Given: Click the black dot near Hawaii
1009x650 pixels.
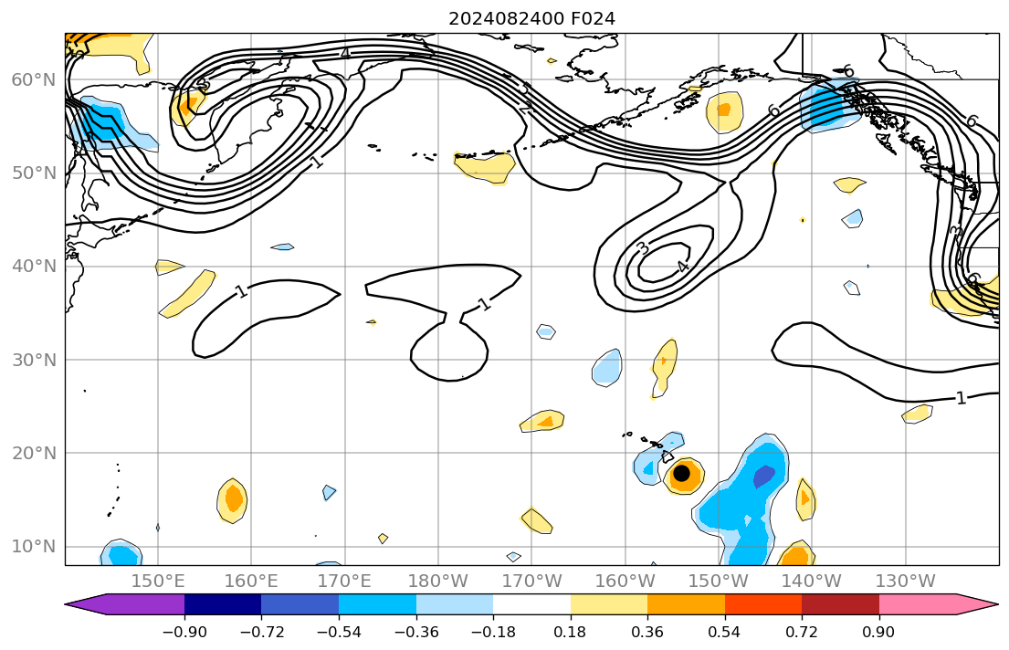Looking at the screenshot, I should pyautogui.click(x=681, y=473).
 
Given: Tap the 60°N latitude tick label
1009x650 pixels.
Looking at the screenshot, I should pyautogui.click(x=33, y=80).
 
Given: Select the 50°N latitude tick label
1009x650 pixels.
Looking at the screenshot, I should pyautogui.click(x=33, y=173).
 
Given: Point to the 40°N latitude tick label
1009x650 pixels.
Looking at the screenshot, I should pyautogui.click(x=33, y=267).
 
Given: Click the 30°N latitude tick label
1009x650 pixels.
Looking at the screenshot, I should pyautogui.click(x=33, y=360).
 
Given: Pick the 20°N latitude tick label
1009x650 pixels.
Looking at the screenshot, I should pyautogui.click(x=33, y=453).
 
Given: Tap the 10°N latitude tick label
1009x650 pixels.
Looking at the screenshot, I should pyautogui.click(x=33, y=547).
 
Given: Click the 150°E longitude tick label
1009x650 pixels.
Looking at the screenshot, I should pyautogui.click(x=158, y=581).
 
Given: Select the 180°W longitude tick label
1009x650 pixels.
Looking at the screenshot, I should pyautogui.click(x=438, y=581).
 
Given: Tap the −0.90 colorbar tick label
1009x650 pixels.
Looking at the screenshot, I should pyautogui.click(x=184, y=631).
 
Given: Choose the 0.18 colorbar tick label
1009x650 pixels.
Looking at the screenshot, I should pyautogui.click(x=571, y=631).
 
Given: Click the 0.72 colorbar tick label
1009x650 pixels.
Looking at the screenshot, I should pyautogui.click(x=802, y=631).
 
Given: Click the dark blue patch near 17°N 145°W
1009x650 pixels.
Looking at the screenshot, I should pyautogui.click(x=764, y=476).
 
